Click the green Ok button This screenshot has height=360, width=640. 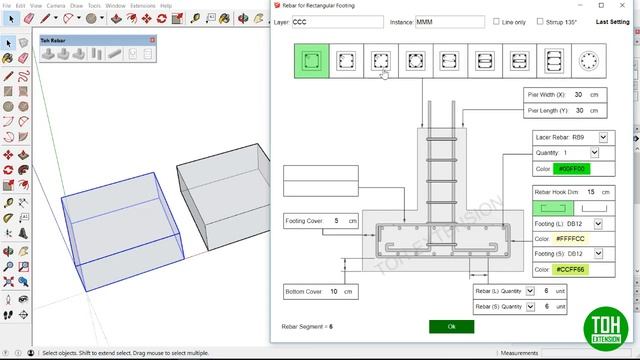451,326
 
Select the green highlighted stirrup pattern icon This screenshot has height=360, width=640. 311,62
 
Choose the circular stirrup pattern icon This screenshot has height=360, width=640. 585,62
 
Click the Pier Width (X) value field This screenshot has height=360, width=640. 580,95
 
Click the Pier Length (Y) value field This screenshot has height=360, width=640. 580,110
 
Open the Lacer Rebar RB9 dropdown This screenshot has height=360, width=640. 603,137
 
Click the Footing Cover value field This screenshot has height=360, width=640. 335,220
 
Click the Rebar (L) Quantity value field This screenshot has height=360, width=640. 545,291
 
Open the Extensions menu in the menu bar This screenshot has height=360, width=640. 143,5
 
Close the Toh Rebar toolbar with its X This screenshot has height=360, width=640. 152,40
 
